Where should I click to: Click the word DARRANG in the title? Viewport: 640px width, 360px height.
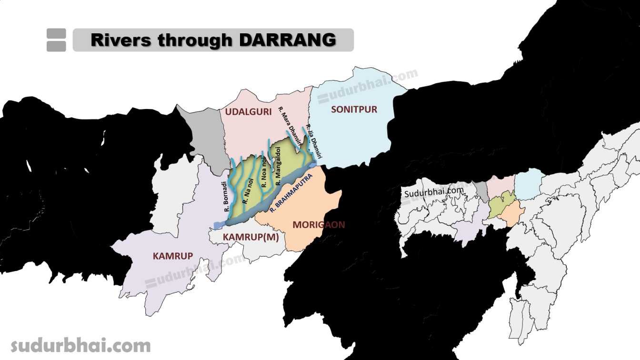point(287,40)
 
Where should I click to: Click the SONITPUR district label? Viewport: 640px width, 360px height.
point(354,110)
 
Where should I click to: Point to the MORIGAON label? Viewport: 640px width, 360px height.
point(319,224)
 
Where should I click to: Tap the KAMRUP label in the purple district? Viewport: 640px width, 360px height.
point(173,256)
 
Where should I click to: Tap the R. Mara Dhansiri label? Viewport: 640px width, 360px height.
point(290,126)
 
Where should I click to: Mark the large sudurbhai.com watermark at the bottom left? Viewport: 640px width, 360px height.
point(80,345)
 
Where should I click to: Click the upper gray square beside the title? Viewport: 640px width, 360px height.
point(56,34)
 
